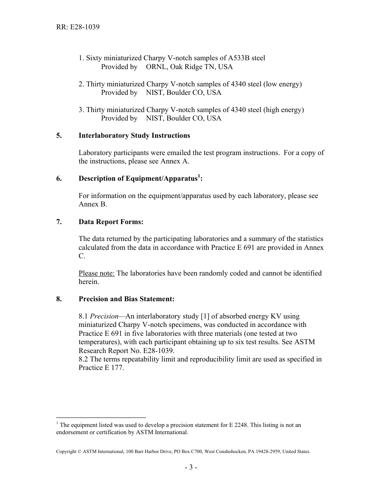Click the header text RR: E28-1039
(78, 27)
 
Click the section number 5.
(59, 135)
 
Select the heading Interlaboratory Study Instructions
(134, 135)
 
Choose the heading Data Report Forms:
(111, 222)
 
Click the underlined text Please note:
(97, 273)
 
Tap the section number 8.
(59, 299)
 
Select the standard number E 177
(112, 367)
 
